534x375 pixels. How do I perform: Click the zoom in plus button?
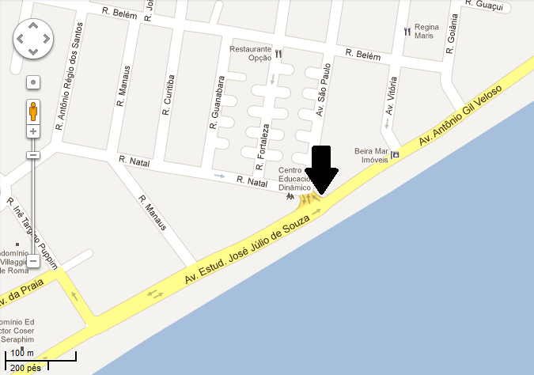tap(33, 131)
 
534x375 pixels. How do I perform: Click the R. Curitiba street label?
tap(167, 96)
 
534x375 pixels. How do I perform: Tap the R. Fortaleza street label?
tap(262, 147)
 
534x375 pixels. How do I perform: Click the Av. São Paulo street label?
tap(322, 91)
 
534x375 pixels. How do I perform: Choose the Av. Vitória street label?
tap(390, 100)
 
